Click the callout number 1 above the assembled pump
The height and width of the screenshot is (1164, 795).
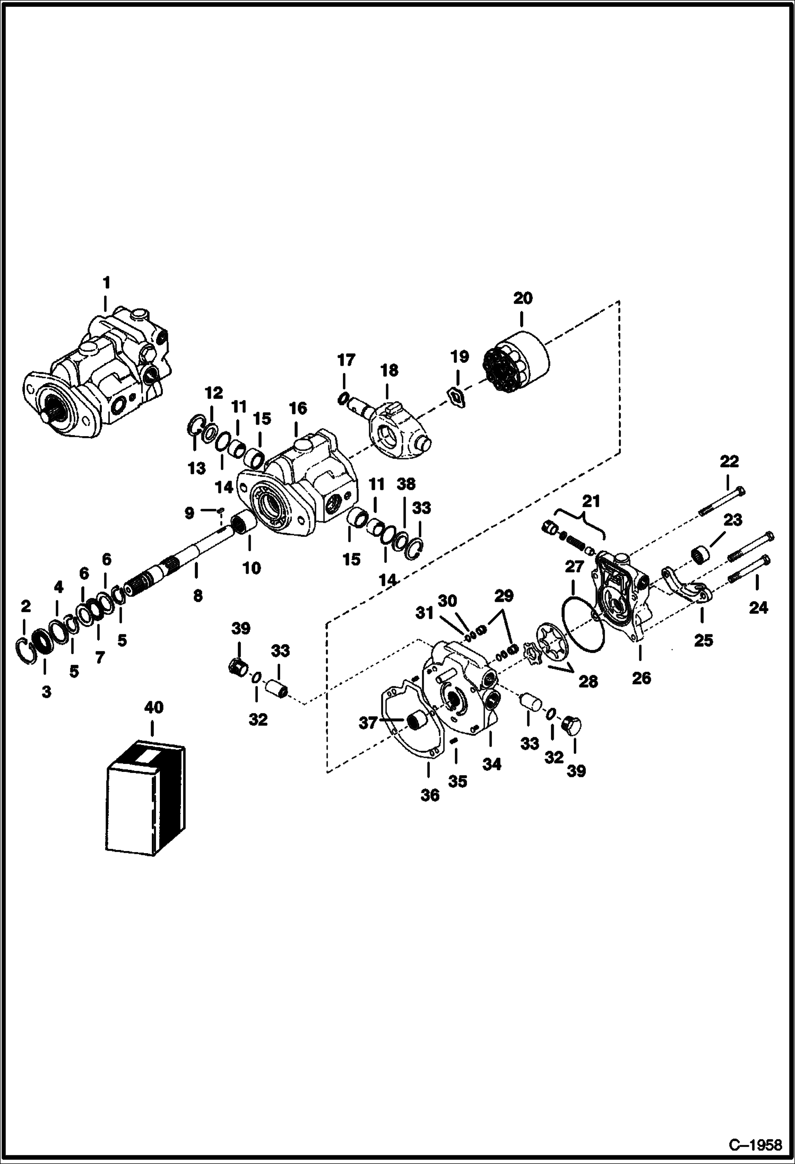point(106,282)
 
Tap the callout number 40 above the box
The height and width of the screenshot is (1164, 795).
point(154,707)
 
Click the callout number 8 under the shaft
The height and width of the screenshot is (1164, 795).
point(197,596)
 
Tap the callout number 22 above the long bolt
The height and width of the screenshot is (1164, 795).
point(729,462)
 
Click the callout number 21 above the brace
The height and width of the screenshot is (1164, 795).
point(591,501)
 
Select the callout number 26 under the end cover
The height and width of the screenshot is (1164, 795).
point(641,678)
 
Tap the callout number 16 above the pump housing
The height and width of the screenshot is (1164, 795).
point(298,408)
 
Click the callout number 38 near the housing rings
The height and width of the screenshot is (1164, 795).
point(407,484)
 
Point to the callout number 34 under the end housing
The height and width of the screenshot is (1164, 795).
point(491,764)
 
